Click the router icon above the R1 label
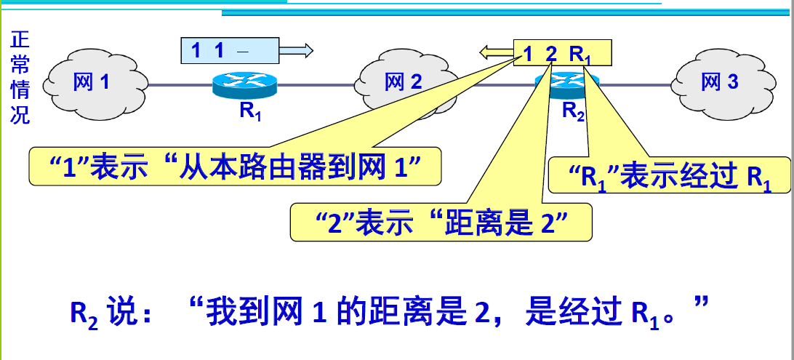[245, 86]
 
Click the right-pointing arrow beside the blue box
[297, 50]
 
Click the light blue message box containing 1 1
[230, 51]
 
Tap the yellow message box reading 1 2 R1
[562, 52]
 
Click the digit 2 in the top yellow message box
[550, 52]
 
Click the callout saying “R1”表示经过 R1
[668, 175]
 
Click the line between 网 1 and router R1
[179, 85]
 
